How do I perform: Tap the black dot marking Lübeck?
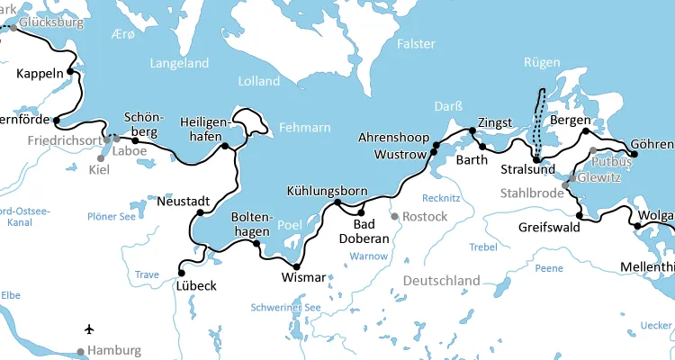[x=181, y=272]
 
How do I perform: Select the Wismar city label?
[x=302, y=277]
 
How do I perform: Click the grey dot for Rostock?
[x=394, y=216]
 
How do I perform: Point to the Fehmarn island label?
[x=304, y=127]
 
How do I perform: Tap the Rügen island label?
[x=541, y=63]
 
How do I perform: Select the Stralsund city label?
[x=528, y=169]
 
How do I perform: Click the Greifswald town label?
[x=549, y=228]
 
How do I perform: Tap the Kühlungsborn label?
[x=327, y=191]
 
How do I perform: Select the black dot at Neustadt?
[x=200, y=213]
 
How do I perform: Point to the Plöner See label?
[x=112, y=216]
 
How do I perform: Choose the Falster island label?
[x=417, y=44]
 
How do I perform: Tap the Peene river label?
[x=548, y=268]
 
